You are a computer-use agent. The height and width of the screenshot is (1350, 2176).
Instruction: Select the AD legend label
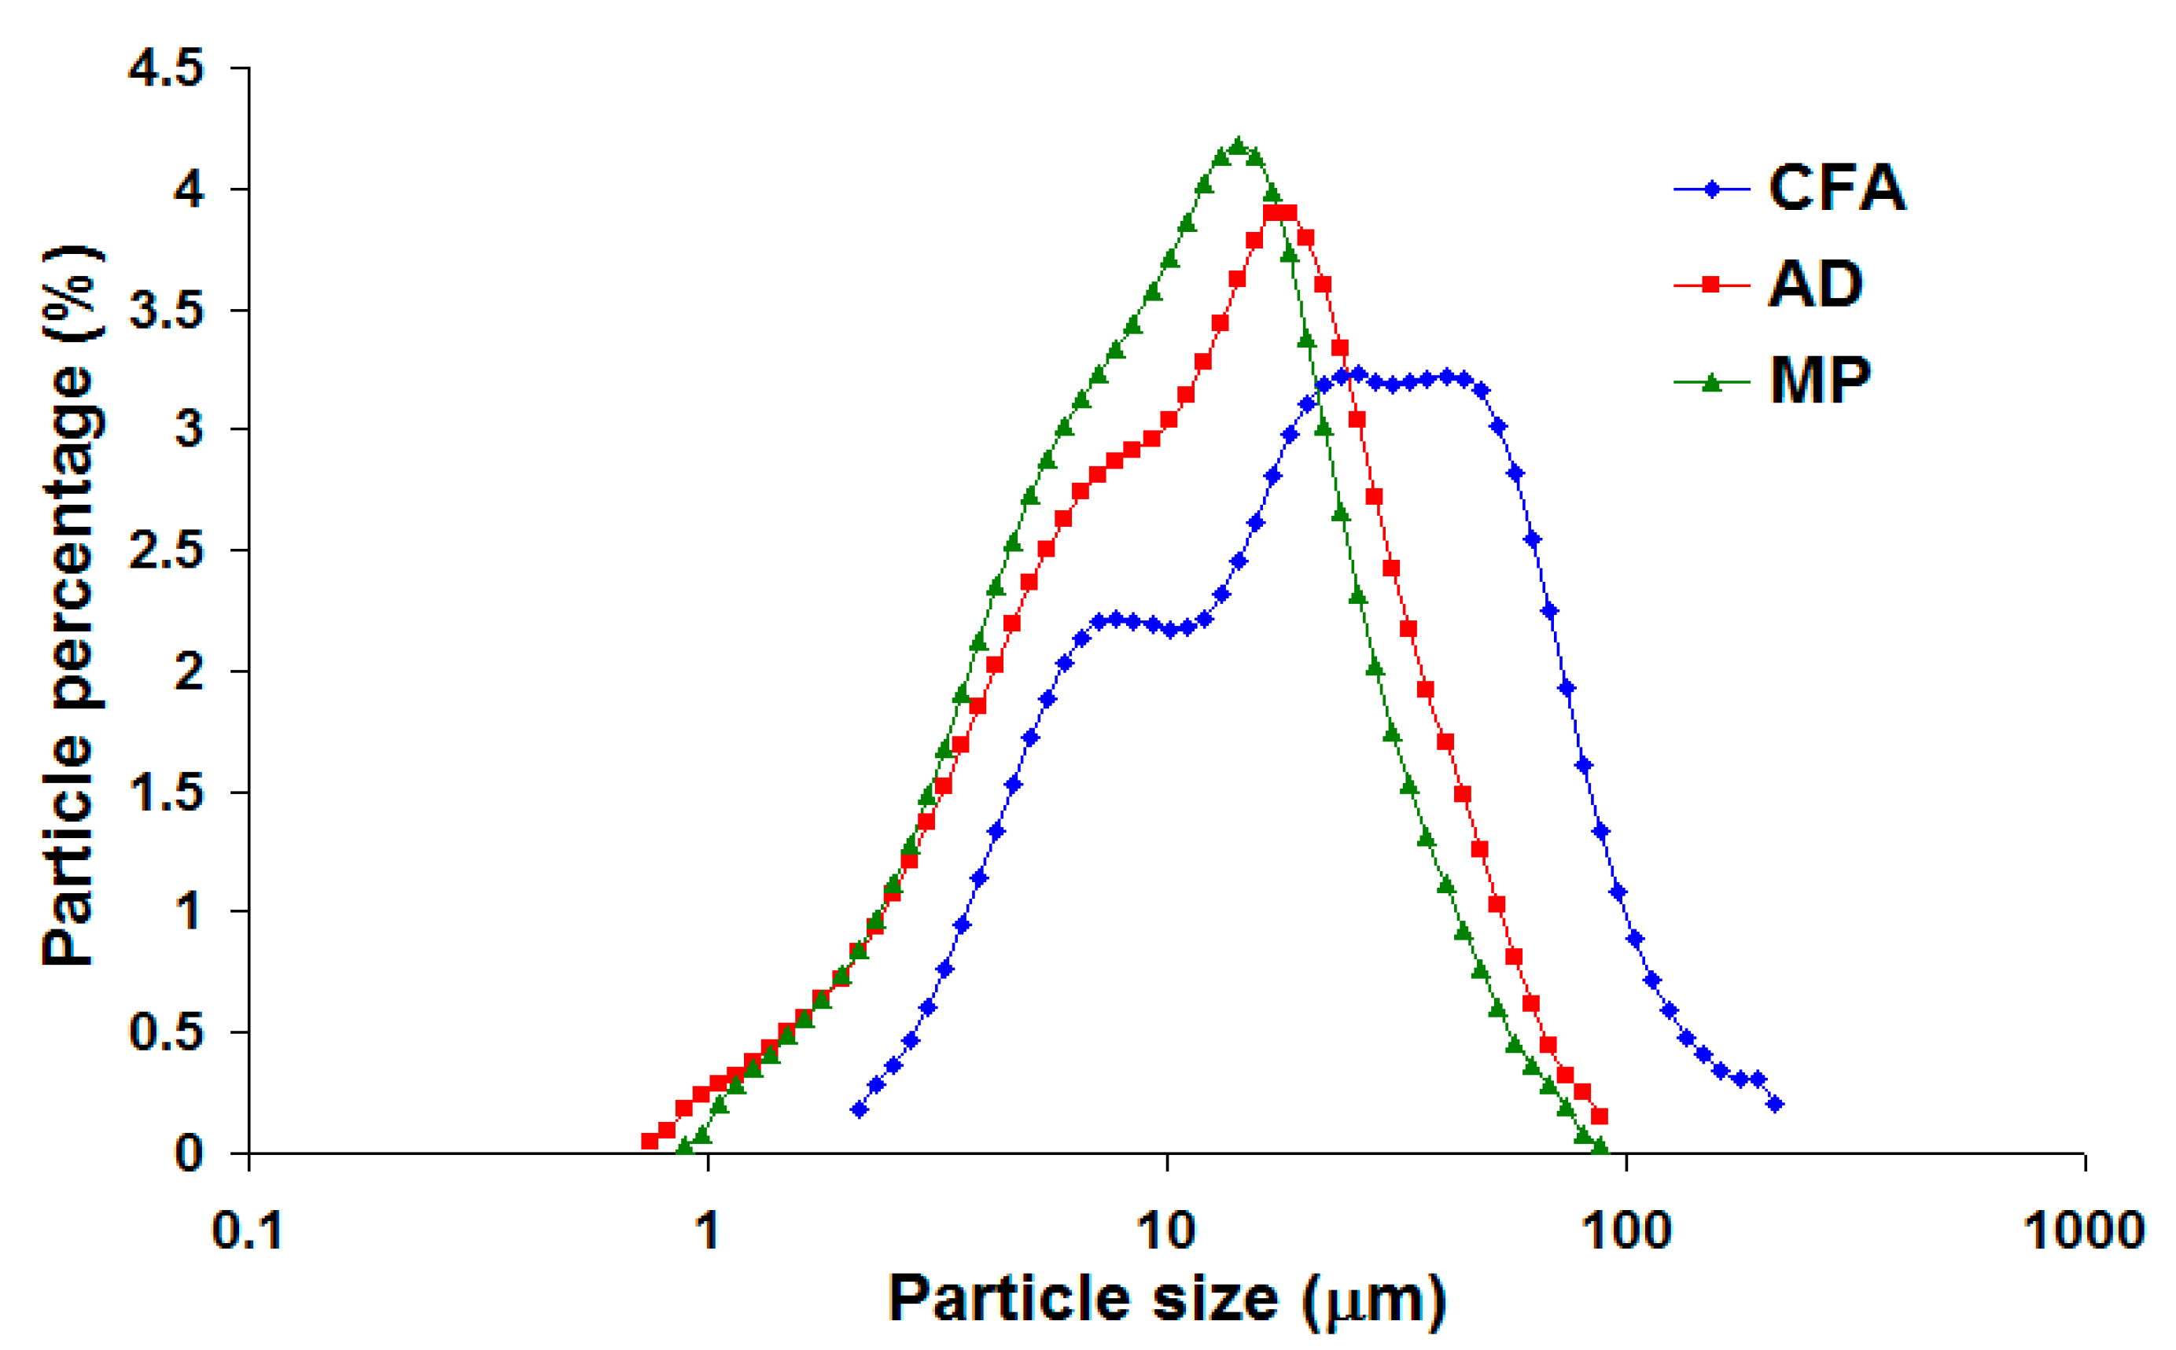(x=1814, y=285)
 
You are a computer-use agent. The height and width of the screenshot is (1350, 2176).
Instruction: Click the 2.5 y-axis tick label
(x=166, y=551)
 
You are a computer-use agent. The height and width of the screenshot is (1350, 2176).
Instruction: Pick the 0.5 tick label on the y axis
(x=166, y=1033)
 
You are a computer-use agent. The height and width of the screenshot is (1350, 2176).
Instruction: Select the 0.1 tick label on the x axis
(x=248, y=1231)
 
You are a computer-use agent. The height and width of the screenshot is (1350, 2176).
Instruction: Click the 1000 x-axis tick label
(x=2083, y=1231)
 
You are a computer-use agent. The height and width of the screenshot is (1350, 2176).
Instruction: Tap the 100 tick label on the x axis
(x=1625, y=1231)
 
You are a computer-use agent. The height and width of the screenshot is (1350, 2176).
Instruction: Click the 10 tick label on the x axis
(x=1166, y=1231)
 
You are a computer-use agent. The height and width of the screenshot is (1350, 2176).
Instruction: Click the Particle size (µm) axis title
(x=1166, y=1299)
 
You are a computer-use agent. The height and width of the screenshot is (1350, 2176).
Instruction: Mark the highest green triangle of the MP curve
(x=1237, y=146)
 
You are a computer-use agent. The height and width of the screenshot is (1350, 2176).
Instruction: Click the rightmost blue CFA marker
(x=1774, y=1105)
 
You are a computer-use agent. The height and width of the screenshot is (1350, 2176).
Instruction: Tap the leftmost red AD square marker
(x=649, y=1141)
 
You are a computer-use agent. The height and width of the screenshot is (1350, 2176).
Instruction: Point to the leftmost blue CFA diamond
(x=859, y=1110)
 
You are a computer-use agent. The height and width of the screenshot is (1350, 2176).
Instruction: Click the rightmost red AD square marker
(x=1600, y=1116)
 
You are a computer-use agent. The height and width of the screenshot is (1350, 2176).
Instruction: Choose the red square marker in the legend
(x=1710, y=285)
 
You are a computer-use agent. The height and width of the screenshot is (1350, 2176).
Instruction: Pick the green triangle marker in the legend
(x=1710, y=382)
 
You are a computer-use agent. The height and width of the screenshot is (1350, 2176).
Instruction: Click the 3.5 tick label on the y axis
(x=166, y=310)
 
